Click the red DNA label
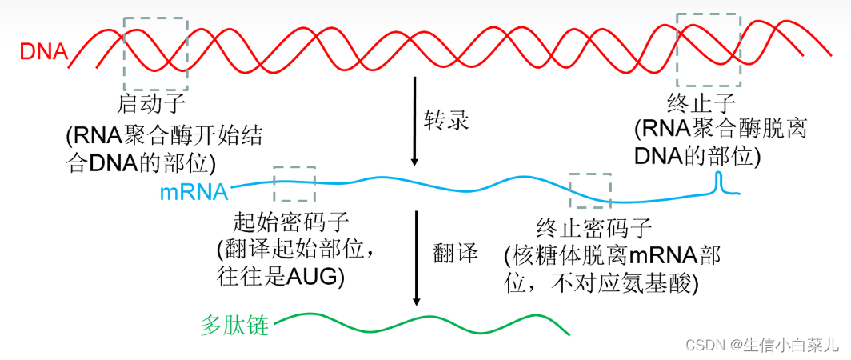click(42, 53)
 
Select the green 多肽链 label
click(234, 326)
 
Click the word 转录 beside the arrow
click(446, 121)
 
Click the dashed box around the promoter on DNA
click(155, 54)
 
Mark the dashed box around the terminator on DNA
click(708, 50)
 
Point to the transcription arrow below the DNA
click(414, 121)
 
